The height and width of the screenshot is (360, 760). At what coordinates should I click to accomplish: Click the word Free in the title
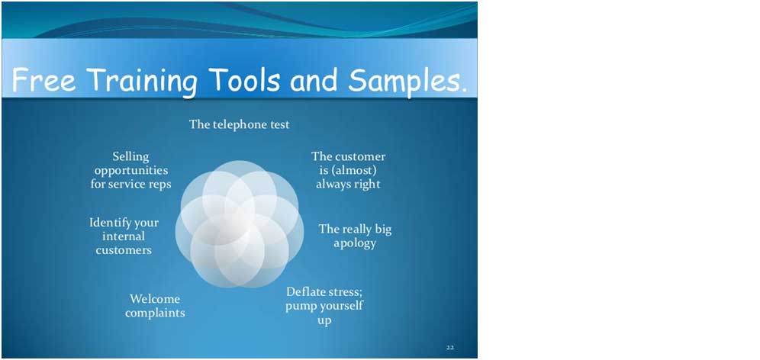click(x=43, y=80)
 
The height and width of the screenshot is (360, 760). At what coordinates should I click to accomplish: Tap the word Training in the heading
click(x=143, y=82)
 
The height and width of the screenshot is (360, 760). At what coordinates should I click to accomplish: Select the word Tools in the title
click(x=244, y=80)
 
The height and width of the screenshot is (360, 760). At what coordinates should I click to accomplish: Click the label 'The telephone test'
click(x=240, y=124)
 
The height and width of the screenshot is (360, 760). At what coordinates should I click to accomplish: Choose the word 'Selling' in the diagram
click(x=131, y=157)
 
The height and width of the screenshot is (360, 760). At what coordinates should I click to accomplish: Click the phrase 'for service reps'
click(x=131, y=184)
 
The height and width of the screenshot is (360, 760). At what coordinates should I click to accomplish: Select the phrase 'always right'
click(x=348, y=184)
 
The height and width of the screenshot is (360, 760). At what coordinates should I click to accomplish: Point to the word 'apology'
click(x=355, y=243)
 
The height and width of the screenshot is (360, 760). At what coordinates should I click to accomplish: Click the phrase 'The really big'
click(x=355, y=229)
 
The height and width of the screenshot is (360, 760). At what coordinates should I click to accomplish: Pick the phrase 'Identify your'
click(x=124, y=223)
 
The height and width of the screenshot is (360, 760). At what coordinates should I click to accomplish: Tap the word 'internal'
click(x=124, y=236)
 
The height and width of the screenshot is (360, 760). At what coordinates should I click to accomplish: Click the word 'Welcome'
click(x=155, y=298)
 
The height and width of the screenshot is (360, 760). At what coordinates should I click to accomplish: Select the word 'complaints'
click(x=155, y=313)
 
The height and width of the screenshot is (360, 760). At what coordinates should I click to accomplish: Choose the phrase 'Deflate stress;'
click(x=324, y=292)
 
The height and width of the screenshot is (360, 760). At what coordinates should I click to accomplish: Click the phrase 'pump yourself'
click(x=324, y=306)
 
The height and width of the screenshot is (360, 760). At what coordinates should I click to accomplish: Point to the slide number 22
click(x=449, y=347)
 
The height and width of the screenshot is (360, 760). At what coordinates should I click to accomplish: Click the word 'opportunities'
click(x=131, y=171)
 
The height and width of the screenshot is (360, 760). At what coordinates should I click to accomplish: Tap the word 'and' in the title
click(x=314, y=80)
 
